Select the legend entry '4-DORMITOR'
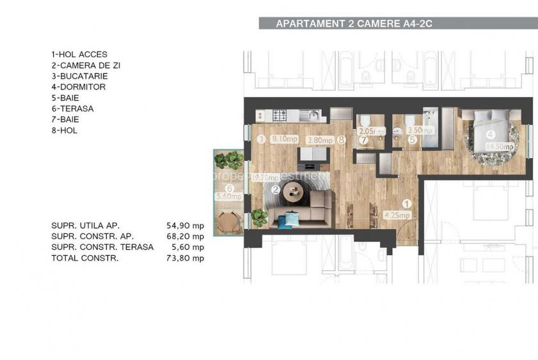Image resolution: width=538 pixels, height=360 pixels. coord(79,87)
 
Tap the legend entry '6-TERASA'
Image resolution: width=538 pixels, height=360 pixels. coord(72,109)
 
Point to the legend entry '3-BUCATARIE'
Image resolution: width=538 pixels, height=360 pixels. coord(80,76)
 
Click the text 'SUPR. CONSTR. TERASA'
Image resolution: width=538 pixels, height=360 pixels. coord(102,247)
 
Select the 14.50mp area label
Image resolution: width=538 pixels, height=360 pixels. coord(500,146)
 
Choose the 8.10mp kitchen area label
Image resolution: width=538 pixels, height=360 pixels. coord(283,139)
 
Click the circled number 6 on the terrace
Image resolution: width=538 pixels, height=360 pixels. coord(228,188)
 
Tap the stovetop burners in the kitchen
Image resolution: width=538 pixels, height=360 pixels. coord(280,116)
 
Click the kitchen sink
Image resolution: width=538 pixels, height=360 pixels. coord(313,116)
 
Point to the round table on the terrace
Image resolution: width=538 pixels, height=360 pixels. coord(228,222)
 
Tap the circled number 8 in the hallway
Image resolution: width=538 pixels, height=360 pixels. coord(342,139)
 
